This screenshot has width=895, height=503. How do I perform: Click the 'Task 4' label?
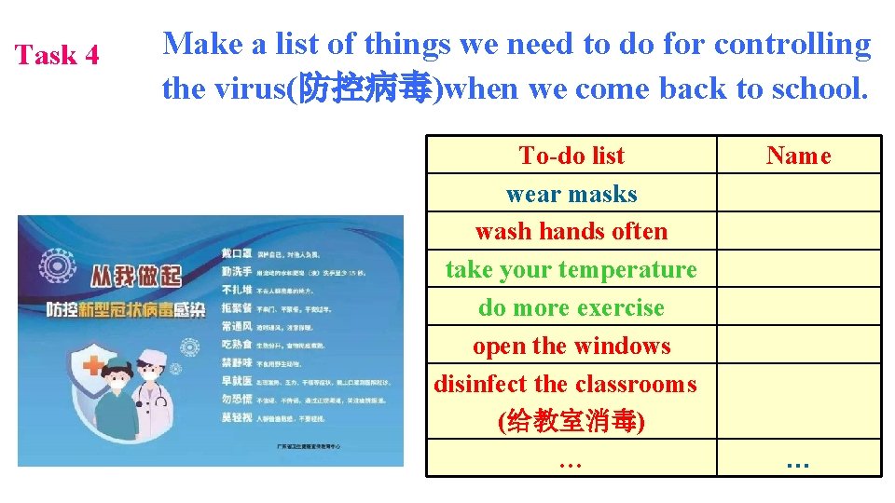57,55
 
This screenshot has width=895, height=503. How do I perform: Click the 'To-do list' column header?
571,156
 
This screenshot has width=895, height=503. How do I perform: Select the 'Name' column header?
798,156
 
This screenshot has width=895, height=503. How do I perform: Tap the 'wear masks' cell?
571,194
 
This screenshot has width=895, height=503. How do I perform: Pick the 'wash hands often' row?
571,231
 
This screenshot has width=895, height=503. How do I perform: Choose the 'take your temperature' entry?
571,269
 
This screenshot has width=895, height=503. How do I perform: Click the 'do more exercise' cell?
571,307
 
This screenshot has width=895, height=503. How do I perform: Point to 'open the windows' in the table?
571,346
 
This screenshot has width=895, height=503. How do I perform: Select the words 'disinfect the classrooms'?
565,384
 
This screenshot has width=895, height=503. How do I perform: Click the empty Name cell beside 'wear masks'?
798,194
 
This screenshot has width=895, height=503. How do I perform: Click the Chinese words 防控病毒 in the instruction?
364,89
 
